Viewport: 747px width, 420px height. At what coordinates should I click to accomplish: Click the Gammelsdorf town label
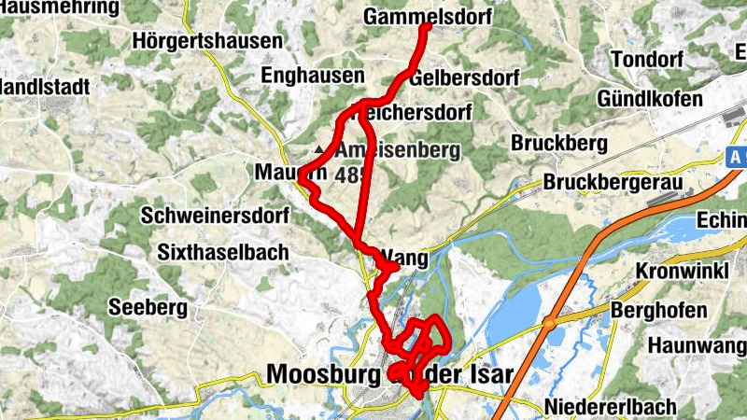[415, 18]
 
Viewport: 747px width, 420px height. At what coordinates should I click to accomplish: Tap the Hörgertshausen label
[206, 42]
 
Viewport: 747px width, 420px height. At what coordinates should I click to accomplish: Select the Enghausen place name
[312, 76]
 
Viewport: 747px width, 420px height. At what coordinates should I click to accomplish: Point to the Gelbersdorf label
[463, 78]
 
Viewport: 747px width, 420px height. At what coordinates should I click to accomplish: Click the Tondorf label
[646, 60]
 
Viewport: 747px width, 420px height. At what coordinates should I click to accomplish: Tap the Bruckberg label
[559, 144]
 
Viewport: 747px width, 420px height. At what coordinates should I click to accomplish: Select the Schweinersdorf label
[216, 216]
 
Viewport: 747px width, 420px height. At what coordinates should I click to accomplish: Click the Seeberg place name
[148, 307]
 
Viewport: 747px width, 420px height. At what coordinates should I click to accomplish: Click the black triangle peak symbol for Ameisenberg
[320, 149]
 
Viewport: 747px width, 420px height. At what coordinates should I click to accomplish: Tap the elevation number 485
[351, 174]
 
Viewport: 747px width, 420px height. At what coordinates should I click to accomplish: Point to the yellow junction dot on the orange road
[551, 323]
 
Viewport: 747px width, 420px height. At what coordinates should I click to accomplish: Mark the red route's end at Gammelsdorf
[426, 27]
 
